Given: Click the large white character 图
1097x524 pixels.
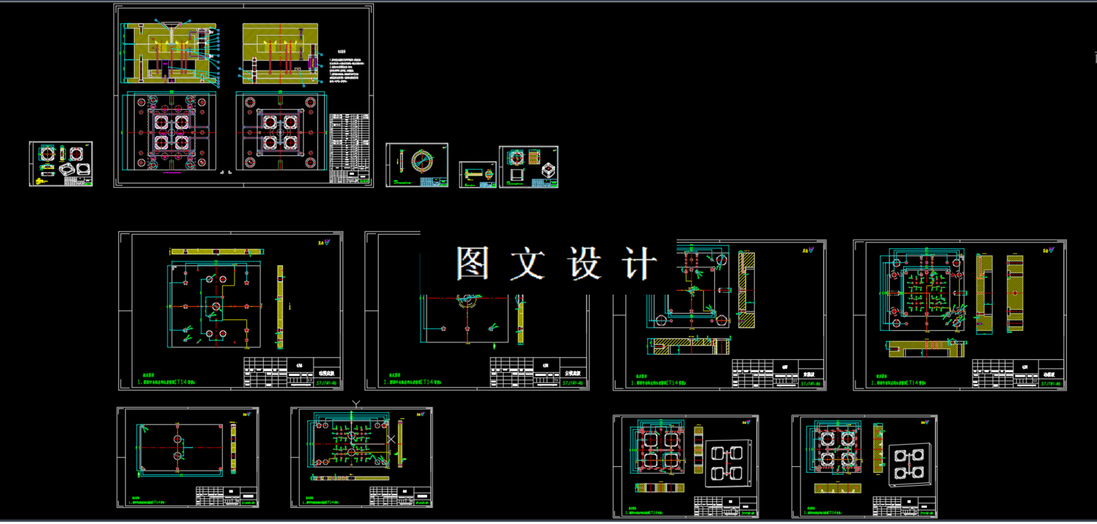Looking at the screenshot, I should click(472, 263).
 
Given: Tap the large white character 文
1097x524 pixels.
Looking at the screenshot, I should click(527, 263).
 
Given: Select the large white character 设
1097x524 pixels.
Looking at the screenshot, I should click(583, 263).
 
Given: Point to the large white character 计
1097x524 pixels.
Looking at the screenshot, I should click(638, 263).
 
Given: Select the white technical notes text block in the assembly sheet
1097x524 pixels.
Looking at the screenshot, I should click(348, 71).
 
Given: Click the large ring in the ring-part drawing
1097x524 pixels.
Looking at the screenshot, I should click(422, 161).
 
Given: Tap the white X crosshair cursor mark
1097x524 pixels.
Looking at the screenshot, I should click(391, 439).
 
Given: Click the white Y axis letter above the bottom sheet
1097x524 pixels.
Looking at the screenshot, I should click(356, 404).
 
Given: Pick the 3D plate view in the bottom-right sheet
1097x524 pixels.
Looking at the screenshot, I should click(909, 463).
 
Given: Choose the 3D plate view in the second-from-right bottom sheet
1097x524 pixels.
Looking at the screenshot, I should click(726, 463).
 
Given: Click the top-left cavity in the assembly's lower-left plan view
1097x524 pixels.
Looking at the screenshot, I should click(161, 122).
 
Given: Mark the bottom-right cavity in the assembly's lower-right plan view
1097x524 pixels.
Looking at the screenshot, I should click(290, 143).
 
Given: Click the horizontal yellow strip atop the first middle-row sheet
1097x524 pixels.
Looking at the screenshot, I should click(215, 252).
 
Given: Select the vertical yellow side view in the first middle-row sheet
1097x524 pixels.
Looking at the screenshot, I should click(280, 306).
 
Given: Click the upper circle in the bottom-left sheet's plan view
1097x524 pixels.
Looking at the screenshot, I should click(178, 439).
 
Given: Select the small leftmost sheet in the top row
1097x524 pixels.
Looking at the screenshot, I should click(61, 163).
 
